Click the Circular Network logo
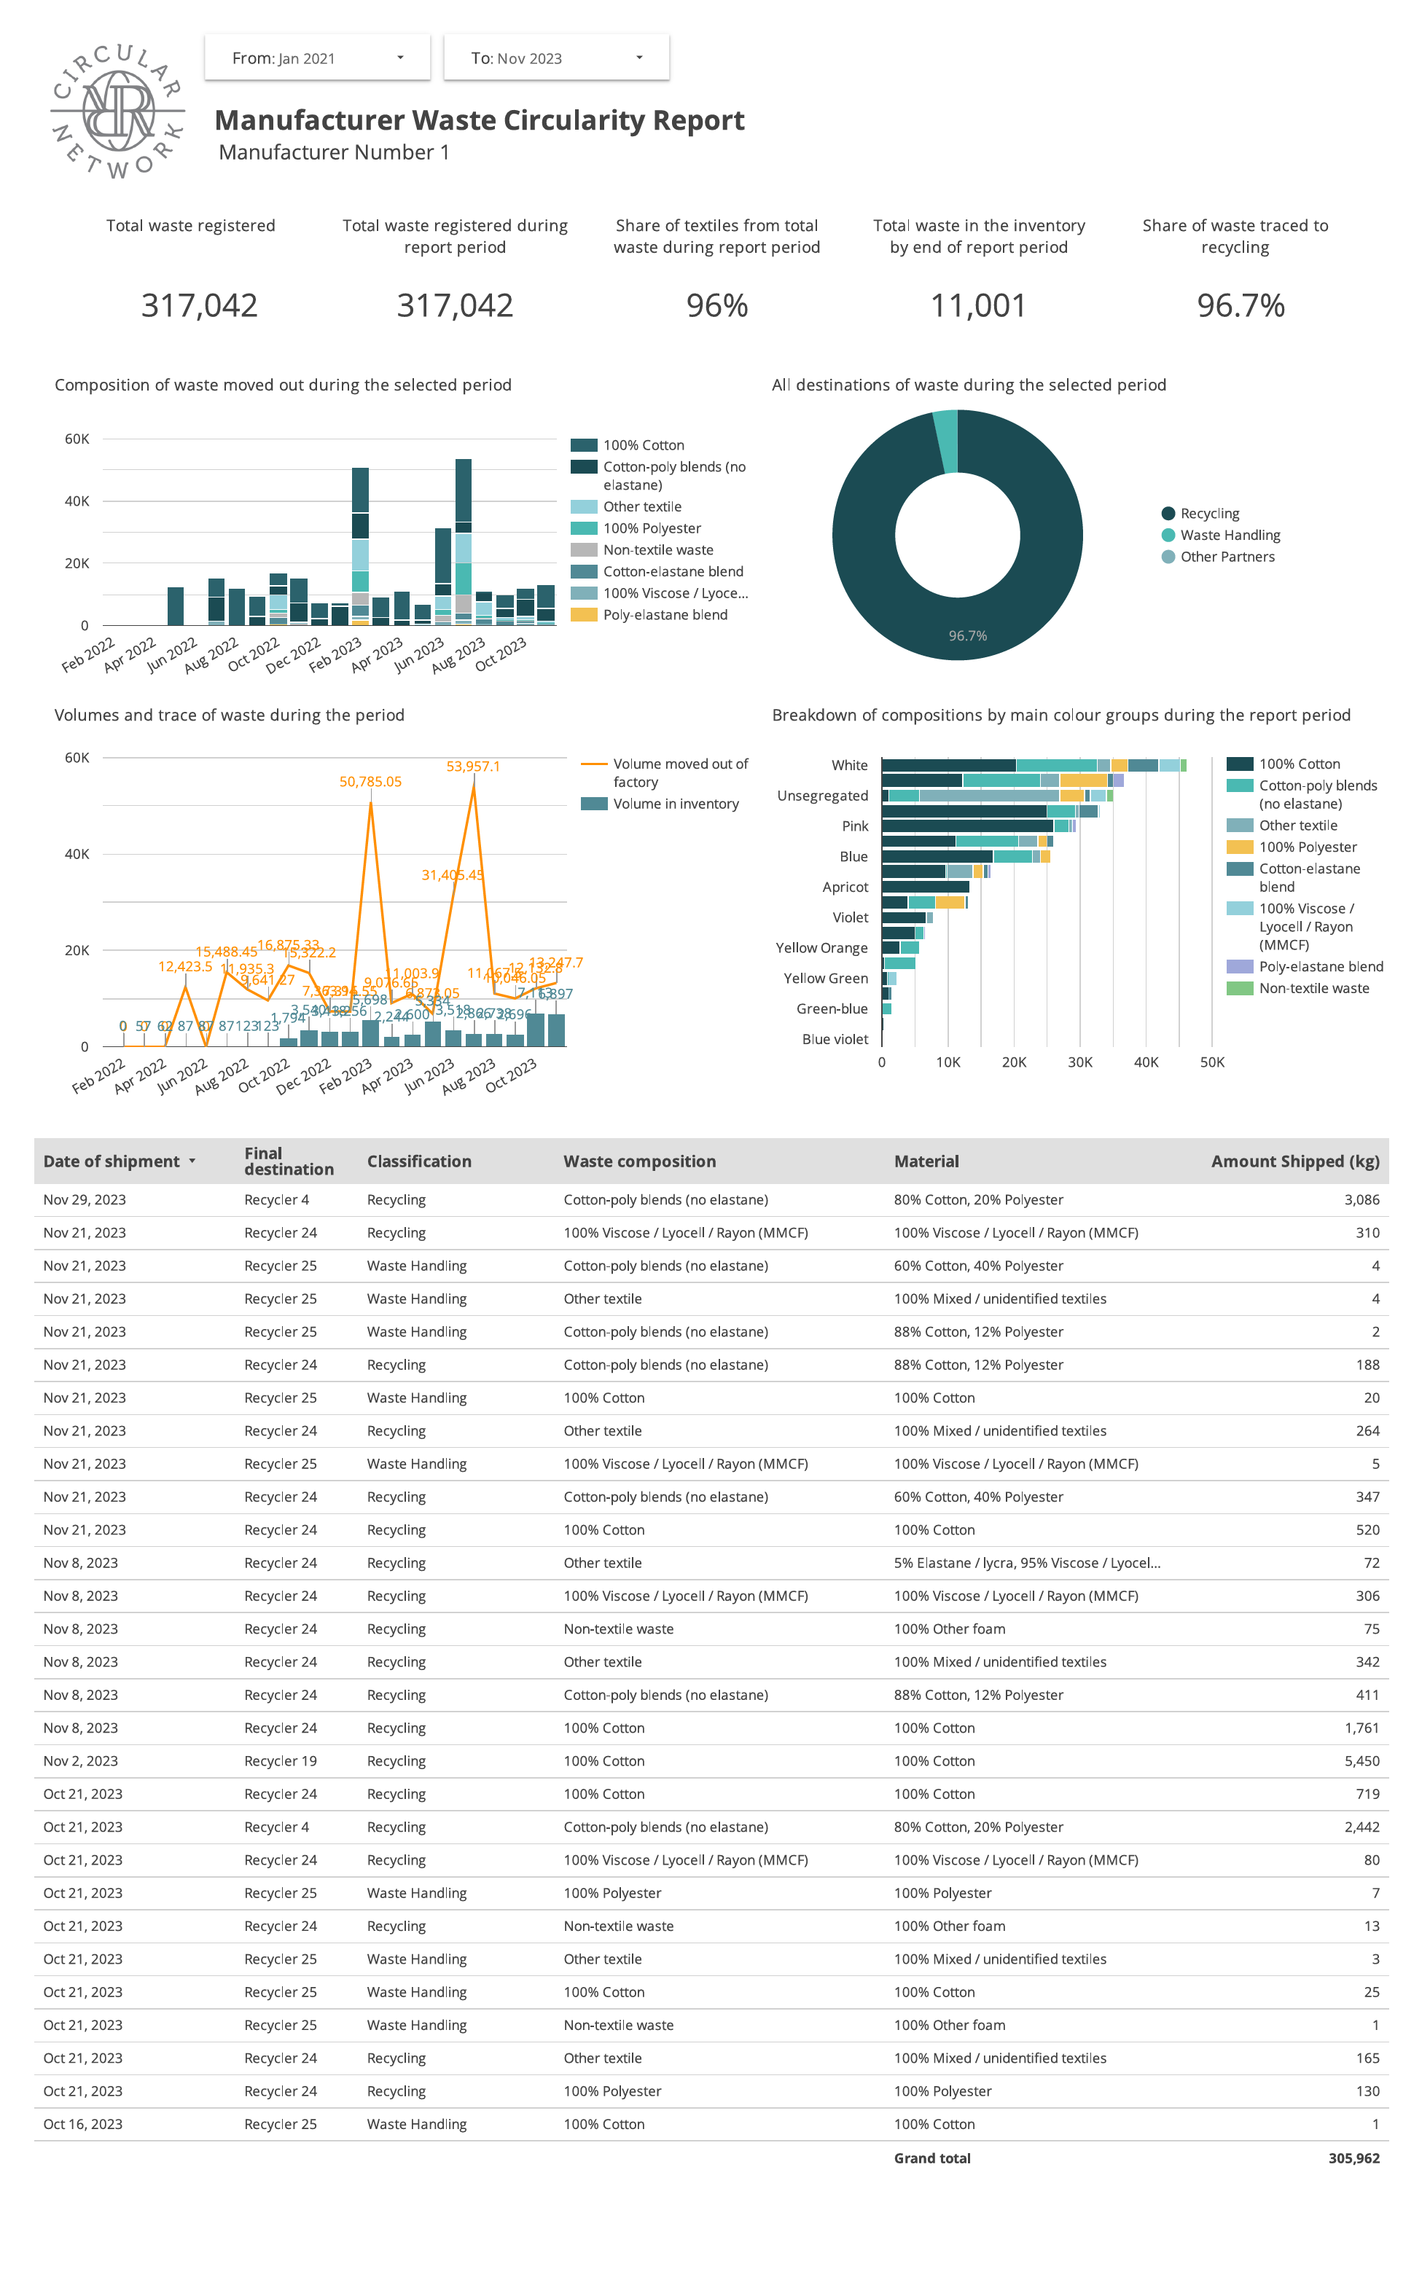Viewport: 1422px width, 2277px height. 117,111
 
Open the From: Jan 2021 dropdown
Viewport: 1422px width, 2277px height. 317,58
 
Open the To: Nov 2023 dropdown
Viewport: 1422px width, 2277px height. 556,58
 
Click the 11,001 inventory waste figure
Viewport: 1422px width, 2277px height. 978,305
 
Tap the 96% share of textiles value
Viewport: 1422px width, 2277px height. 716,305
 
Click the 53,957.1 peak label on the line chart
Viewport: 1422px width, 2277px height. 473,767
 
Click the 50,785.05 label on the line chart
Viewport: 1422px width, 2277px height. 370,782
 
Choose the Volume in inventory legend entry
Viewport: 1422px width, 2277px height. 675,804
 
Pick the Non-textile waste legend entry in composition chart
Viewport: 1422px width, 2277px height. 657,550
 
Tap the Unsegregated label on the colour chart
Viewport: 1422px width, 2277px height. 822,796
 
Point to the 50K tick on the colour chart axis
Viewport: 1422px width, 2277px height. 1211,1062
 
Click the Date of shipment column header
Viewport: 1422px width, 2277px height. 111,1161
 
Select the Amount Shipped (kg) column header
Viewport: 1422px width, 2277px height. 1294,1161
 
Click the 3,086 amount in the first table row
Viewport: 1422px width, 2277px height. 1361,1199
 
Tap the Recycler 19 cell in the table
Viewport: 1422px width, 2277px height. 281,1761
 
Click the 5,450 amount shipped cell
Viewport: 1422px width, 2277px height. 1361,1761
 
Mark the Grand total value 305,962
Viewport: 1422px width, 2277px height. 1353,2158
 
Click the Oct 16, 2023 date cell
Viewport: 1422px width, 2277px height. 83,2124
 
